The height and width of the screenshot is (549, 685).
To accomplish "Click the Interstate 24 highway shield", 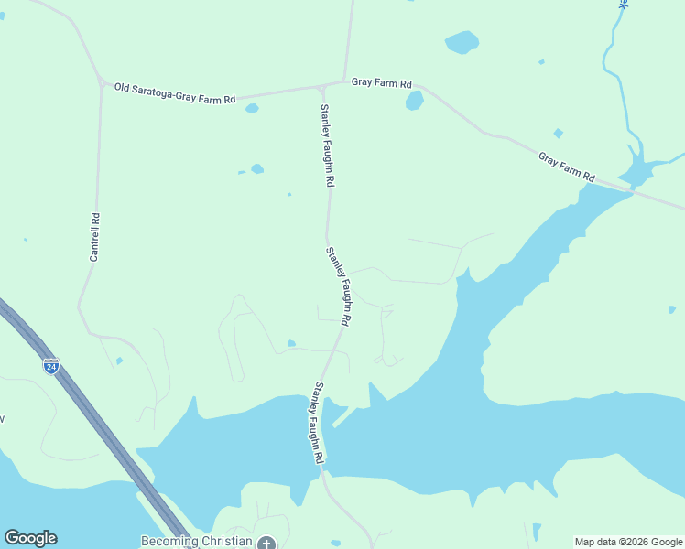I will point(51,366).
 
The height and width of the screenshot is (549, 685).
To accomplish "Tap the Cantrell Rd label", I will point(94,238).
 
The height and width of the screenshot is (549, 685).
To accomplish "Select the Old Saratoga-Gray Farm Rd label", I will point(175,92).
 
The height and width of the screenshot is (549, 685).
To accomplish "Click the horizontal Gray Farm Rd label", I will point(382,82).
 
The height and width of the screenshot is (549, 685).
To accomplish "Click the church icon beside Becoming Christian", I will point(266,543).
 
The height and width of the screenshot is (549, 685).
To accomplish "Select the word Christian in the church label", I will point(225,541).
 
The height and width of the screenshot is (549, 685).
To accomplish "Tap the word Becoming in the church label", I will point(169,541).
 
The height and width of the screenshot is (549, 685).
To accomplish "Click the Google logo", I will point(30,538).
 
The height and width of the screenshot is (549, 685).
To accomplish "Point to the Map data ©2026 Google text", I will point(628,542).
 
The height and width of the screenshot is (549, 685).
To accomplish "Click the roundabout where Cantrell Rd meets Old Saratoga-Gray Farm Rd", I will point(101,82).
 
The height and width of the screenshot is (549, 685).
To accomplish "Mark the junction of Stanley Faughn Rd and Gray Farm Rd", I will point(321,88).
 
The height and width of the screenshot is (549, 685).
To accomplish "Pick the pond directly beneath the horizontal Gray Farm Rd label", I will point(415,101).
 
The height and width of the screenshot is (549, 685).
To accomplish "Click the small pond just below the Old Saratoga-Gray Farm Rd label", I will point(252,108).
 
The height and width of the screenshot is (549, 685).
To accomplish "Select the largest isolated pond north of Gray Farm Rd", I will point(462,42).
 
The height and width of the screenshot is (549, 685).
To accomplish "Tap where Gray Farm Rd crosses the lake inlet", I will point(632,189).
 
